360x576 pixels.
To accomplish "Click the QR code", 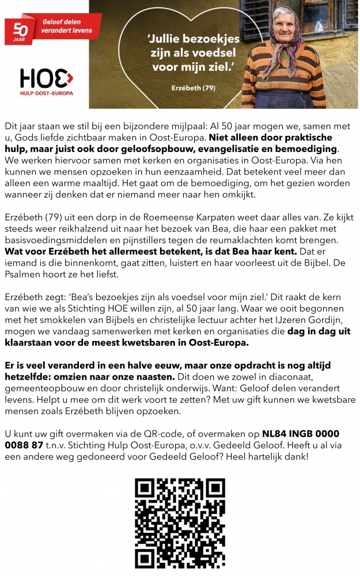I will click(x=179, y=522).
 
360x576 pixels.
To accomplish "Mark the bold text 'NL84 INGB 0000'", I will click(x=301, y=433).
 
